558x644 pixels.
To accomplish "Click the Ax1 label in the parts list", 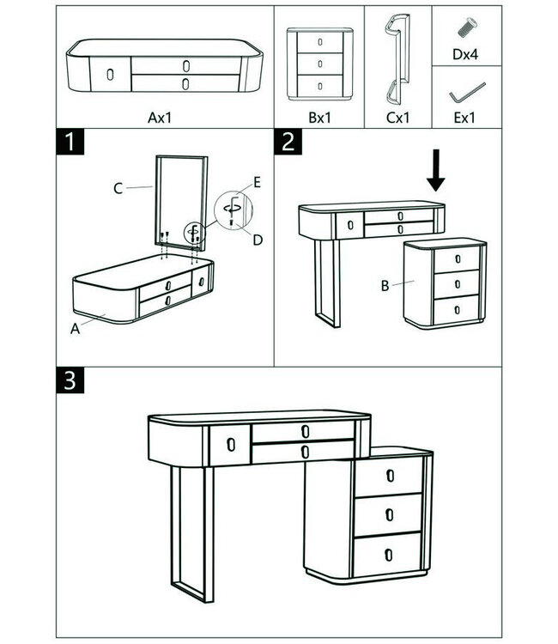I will click(160, 117).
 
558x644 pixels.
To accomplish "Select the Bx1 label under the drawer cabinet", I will click(319, 117).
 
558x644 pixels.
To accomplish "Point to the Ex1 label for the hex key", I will click(464, 118).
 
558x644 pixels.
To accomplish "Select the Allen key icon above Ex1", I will click(467, 89).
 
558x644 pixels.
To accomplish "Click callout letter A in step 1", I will click(76, 327).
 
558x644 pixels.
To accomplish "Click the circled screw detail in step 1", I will click(232, 210).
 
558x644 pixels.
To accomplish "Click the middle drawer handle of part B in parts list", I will click(319, 63).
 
